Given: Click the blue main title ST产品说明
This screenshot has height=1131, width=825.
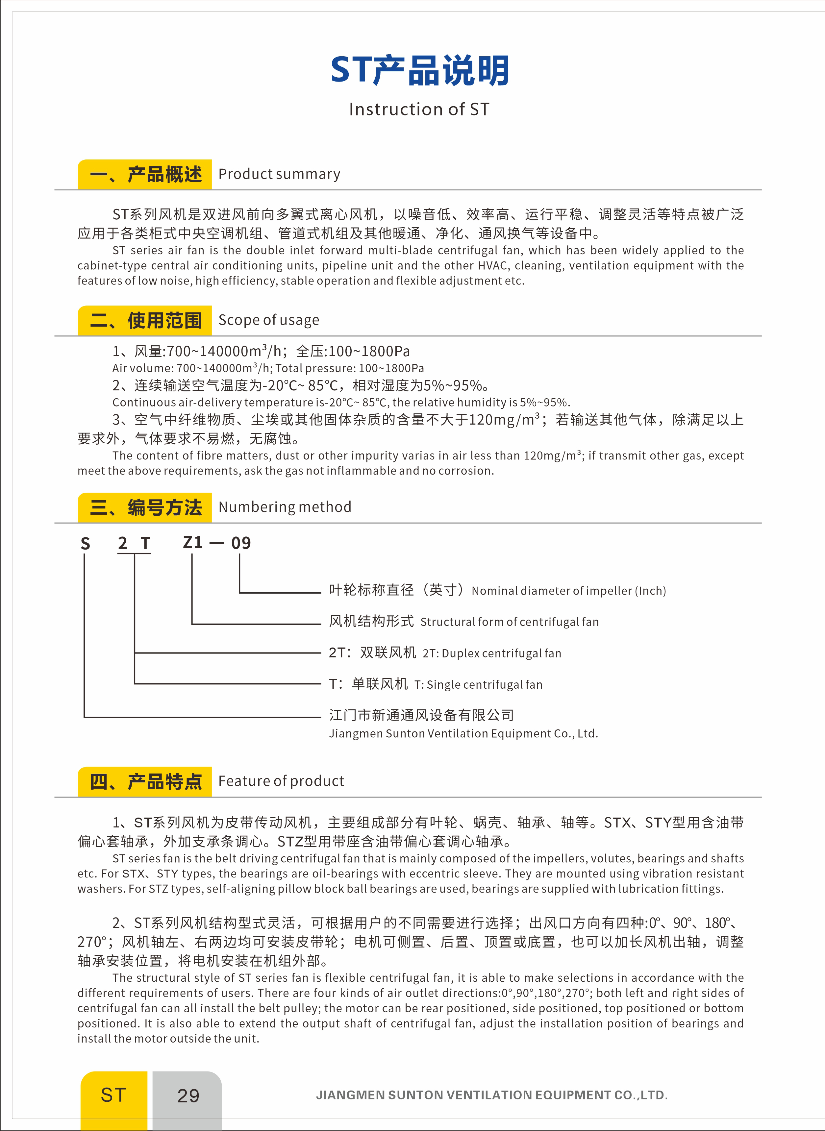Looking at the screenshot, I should (419, 70).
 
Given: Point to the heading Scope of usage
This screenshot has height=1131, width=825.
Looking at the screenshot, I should (269, 320).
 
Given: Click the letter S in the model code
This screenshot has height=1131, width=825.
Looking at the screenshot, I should (86, 544).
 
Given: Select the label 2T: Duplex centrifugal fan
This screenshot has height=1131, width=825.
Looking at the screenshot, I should (492, 653).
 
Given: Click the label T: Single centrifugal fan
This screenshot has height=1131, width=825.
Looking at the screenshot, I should (478, 685).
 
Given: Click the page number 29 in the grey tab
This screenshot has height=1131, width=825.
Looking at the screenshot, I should (188, 1095).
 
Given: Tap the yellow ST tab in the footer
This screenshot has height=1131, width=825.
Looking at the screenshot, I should (113, 1095).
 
